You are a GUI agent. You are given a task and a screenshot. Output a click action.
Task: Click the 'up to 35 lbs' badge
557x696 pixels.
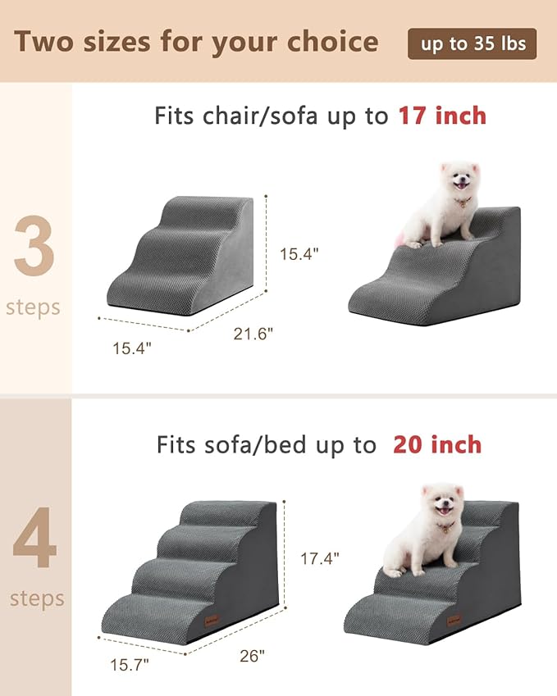tap(473, 43)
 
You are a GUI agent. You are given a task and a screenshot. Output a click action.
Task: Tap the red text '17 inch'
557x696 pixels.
tap(443, 116)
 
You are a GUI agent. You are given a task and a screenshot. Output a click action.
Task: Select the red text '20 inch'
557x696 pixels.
tap(437, 445)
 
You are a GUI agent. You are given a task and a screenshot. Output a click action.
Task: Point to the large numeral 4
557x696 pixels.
tap(34, 539)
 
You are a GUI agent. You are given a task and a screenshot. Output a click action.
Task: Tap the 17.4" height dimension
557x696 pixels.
tap(320, 558)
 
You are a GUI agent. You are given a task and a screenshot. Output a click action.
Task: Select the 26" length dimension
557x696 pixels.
tap(253, 656)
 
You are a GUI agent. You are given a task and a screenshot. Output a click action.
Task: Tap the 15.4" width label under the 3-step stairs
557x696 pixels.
tap(132, 348)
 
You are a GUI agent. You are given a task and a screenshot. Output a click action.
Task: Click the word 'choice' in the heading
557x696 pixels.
tap(335, 42)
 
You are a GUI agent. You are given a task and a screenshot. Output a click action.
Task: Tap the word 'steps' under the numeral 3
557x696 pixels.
tap(34, 307)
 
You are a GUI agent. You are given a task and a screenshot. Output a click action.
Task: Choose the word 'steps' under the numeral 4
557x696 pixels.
tap(37, 598)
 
